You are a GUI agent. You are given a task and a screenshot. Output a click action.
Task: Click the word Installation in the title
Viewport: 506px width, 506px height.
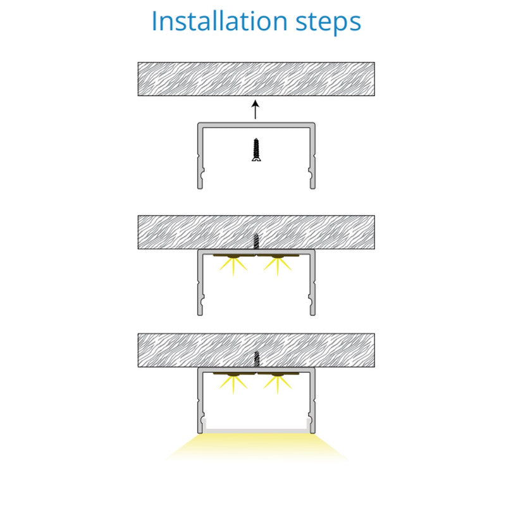click(219, 22)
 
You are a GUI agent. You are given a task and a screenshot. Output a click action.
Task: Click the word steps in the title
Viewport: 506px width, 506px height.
click(328, 23)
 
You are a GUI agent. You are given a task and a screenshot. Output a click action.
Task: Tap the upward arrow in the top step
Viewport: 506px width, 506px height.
click(256, 109)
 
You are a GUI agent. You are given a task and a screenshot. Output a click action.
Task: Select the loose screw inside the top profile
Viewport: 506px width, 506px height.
click(256, 150)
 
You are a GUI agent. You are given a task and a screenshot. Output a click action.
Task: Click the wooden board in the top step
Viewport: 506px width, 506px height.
click(256, 79)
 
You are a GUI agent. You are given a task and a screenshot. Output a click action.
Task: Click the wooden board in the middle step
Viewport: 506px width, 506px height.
click(256, 232)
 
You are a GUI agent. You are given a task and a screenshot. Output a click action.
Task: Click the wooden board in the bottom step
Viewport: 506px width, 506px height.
click(256, 350)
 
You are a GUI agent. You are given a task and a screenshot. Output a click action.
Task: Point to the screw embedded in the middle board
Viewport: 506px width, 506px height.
click(256, 241)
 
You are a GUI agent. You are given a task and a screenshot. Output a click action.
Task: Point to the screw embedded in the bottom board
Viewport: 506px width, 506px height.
click(256, 359)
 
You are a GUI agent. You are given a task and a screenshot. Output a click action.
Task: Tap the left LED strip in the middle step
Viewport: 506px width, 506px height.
click(234, 256)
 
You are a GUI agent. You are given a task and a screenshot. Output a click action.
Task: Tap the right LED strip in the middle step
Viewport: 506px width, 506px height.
click(278, 256)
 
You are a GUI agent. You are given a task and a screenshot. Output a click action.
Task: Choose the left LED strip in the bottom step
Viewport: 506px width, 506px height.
click(234, 374)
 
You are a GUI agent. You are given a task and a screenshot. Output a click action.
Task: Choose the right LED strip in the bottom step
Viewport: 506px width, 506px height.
click(278, 374)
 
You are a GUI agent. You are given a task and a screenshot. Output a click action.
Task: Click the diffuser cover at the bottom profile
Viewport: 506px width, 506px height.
click(256, 431)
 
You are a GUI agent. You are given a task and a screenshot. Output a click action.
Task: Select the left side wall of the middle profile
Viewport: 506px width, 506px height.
click(200, 283)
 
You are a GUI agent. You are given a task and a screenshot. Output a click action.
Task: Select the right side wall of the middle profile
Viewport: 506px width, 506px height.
click(312, 283)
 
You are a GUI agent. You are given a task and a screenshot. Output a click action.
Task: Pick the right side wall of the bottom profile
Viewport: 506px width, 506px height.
click(312, 401)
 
